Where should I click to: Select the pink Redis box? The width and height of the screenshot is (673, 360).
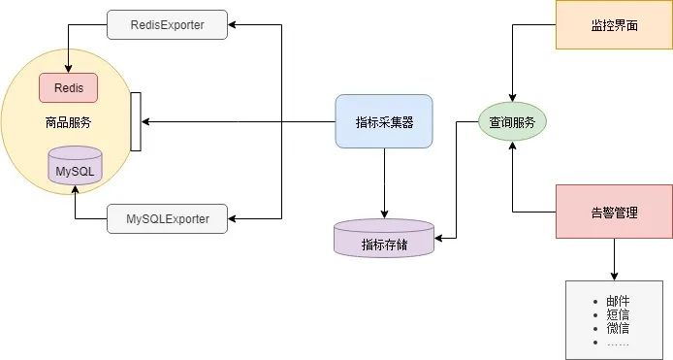[x=68, y=87]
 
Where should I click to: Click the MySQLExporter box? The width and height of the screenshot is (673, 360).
[x=167, y=218]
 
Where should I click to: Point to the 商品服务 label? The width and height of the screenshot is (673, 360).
[x=68, y=122]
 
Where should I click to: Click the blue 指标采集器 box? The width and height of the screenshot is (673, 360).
[x=383, y=121]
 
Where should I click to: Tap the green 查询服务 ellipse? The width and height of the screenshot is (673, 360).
[x=512, y=122]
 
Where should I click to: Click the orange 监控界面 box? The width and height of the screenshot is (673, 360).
[x=613, y=25]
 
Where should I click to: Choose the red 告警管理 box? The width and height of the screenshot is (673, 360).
[x=613, y=212]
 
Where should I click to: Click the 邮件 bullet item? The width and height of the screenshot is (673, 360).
[x=618, y=302]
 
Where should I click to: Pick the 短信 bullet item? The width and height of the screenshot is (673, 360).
[x=618, y=315]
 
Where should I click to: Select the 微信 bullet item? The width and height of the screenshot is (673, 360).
[x=618, y=329]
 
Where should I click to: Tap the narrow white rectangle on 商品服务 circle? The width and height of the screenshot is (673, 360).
[x=136, y=122]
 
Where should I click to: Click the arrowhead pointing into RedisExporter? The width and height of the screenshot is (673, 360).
[x=234, y=25]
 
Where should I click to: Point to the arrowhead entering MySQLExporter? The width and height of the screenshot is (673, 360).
[x=234, y=218]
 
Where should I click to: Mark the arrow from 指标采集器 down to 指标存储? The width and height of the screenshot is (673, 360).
[x=384, y=184]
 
